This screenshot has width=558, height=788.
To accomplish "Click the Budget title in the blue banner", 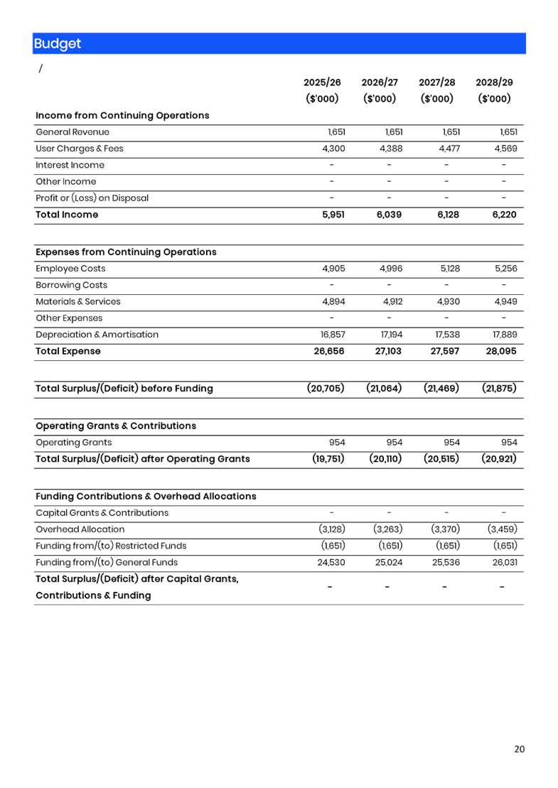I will pos(58,43).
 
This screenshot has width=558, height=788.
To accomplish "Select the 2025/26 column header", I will pos(322,82).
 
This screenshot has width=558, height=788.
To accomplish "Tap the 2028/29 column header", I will pos(494,82).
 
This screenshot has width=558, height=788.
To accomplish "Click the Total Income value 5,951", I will pos(333,215).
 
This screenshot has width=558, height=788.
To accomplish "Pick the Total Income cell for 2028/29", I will pos(504,215).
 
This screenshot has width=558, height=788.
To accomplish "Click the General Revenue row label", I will pos(73,132).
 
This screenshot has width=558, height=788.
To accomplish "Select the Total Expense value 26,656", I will pos(329,351).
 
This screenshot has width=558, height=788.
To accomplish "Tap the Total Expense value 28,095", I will pos(500,351).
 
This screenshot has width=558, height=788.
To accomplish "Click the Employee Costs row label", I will pos(70,269).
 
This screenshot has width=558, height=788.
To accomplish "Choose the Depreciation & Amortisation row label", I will pos(97,335).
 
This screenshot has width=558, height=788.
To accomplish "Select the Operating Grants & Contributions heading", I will pos(116,426).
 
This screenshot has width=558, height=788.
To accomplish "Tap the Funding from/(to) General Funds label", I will pos(107,563).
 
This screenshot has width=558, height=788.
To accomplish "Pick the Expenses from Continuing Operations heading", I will pos(126,252).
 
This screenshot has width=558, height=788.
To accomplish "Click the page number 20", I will pos(520,749).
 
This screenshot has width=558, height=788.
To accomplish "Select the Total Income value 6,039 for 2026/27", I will pos(389,215).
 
